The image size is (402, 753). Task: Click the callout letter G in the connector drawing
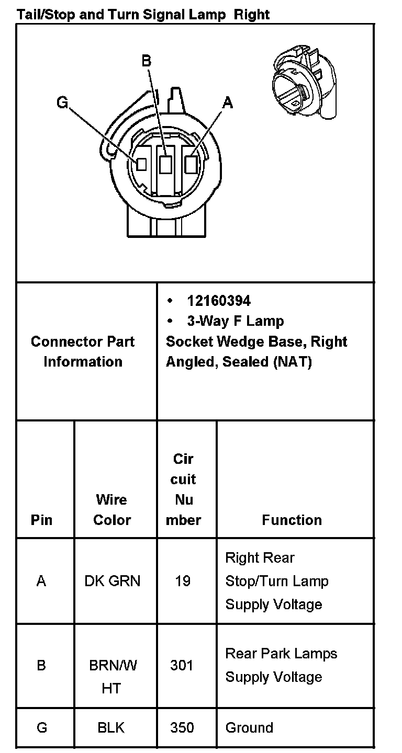pyautogui.click(x=62, y=103)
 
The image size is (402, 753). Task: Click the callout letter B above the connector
pyautogui.click(x=147, y=61)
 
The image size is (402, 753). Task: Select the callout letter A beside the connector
pyautogui.click(x=227, y=103)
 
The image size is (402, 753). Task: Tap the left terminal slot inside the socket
pyautogui.click(x=141, y=164)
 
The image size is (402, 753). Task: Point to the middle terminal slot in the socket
pyautogui.click(x=166, y=165)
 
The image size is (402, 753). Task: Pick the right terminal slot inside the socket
pyautogui.click(x=192, y=165)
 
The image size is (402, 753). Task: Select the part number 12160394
pyautogui.click(x=219, y=301)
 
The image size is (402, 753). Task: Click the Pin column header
pyautogui.click(x=42, y=520)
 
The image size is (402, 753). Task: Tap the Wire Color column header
pyautogui.click(x=112, y=510)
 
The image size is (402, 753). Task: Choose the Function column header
pyautogui.click(x=292, y=520)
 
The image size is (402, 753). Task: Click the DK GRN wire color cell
pyautogui.click(x=112, y=581)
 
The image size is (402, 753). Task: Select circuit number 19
pyautogui.click(x=183, y=581)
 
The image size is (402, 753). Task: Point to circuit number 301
pyautogui.click(x=182, y=665)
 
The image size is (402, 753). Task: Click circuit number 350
pyautogui.click(x=182, y=727)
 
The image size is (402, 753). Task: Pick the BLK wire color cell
pyautogui.click(x=111, y=727)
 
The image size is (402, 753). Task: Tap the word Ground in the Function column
pyautogui.click(x=249, y=727)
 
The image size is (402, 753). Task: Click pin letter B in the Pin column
pyautogui.click(x=41, y=665)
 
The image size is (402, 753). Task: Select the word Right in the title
pyautogui.click(x=252, y=14)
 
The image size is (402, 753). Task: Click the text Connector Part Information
pyautogui.click(x=83, y=351)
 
